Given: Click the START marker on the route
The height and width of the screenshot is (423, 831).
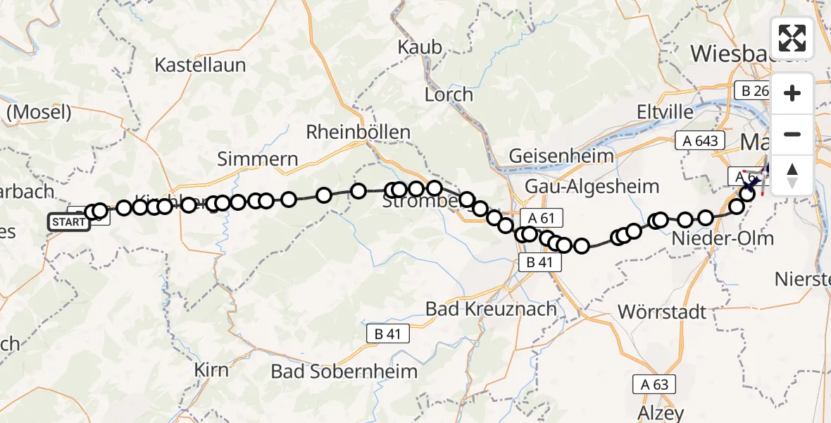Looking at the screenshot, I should (69, 223).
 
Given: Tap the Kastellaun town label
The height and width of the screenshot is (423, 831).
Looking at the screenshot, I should (200, 66).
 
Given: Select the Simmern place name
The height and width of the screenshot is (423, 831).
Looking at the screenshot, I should (258, 159).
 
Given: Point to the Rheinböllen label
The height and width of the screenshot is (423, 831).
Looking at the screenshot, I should (358, 132).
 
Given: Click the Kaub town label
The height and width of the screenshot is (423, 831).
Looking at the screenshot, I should (420, 47).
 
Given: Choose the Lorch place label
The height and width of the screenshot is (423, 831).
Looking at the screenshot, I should (449, 94).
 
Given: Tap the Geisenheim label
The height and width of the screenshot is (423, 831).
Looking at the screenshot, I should (561, 155).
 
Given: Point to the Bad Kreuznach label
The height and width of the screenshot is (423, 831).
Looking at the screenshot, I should (492, 309).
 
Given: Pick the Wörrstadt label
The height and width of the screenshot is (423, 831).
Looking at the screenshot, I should (662, 311).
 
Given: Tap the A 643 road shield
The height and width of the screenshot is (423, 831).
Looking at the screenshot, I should (700, 140).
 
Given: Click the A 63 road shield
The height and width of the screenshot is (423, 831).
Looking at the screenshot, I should (654, 385).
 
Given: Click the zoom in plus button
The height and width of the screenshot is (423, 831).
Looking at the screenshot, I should (792, 93).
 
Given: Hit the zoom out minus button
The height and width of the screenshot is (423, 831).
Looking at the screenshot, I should (792, 134).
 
